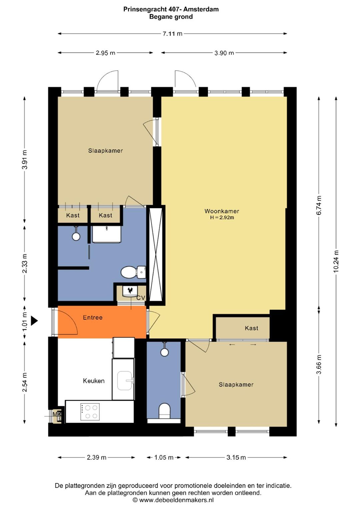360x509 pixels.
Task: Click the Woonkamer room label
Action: tap(222, 211)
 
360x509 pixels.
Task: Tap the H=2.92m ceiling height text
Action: tap(222, 217)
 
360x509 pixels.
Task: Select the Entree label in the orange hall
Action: tap(93, 318)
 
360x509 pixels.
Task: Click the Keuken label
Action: tap(94, 381)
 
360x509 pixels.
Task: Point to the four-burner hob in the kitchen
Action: tap(90, 412)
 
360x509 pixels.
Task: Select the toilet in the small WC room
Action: tap(165, 411)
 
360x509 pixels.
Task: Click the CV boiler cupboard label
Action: tap(141, 298)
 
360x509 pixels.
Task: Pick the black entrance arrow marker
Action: tap(34, 321)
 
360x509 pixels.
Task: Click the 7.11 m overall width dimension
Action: tap(172, 34)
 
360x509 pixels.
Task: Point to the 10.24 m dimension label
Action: tap(336, 262)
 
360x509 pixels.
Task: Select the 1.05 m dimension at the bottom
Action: tap(164, 458)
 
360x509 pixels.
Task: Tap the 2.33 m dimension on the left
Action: tap(25, 264)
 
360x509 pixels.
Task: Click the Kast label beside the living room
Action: tap(251, 328)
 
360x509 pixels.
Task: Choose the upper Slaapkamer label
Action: tap(105, 151)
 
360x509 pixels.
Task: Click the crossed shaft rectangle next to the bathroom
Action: tap(156, 255)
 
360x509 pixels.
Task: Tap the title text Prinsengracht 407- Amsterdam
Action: tap(171, 9)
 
